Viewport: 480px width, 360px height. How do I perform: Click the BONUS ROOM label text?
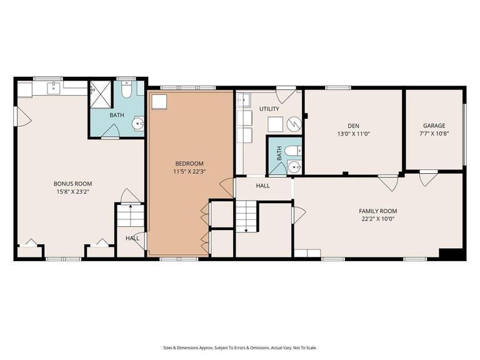pos(72,184)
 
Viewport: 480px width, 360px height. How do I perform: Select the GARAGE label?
pos(434,126)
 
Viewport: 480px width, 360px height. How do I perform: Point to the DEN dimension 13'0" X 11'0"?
pos(353,134)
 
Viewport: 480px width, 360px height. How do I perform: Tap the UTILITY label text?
pos(269,109)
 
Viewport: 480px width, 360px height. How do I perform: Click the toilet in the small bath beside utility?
pos(293,151)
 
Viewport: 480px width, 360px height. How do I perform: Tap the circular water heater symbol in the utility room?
pos(294,124)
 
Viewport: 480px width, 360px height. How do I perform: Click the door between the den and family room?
pos(387,182)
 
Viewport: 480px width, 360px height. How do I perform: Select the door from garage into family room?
pos(428,179)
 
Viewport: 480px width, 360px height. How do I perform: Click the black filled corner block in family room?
pos(451,254)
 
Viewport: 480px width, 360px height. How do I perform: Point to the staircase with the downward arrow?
pos(246,216)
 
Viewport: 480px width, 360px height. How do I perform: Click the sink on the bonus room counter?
pos(55,87)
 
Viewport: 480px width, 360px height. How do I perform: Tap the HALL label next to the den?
pos(262,186)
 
